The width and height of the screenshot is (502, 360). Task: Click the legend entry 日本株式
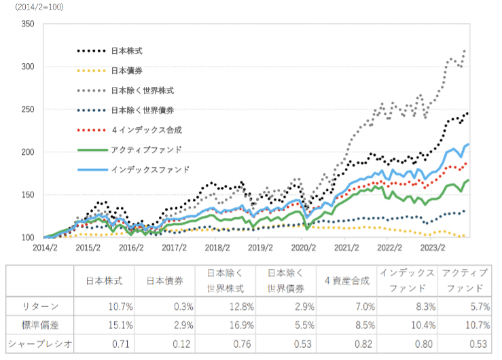click(127, 51)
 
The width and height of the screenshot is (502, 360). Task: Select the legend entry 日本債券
click(127, 71)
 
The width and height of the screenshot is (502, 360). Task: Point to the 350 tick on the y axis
click(28, 24)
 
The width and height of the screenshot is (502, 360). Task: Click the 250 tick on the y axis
click(28, 109)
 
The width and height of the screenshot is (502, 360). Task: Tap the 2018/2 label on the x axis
click(218, 247)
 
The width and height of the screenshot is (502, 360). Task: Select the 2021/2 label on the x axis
click(347, 247)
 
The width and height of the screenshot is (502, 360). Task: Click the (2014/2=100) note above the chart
click(35, 6)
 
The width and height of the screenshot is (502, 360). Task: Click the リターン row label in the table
click(26, 306)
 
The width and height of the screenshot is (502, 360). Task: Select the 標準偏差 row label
click(26, 323)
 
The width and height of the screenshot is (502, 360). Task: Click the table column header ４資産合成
click(346, 279)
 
